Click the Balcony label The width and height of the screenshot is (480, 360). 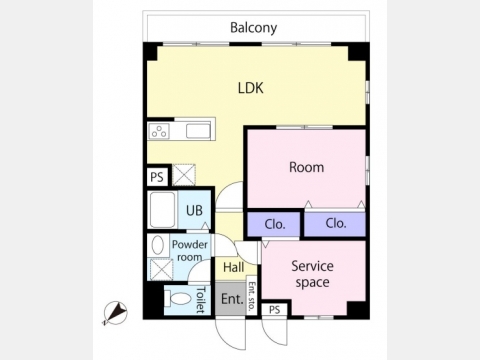coord(253,28)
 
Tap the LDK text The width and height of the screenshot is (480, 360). coord(251,88)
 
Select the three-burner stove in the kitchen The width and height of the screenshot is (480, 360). coord(159,131)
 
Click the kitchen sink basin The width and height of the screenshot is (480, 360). coord(198,131)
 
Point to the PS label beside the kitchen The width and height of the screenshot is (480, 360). coord(157,177)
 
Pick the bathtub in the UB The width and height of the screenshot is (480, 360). coord(162,210)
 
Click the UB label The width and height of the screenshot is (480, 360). coord(194,210)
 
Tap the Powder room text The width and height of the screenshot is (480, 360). coord(189,251)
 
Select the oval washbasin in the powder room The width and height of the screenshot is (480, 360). coord(157,245)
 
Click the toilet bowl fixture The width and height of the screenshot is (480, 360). coord(179,299)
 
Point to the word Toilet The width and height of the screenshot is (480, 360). coord(200,300)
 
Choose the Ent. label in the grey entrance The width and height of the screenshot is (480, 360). coord(232,299)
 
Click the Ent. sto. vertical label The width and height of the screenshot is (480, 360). coord(252,296)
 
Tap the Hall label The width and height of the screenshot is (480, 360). coord(233,267)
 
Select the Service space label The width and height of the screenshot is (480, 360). coord(312,274)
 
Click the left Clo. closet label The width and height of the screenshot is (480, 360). coord(275,224)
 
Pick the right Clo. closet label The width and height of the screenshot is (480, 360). coord(336,223)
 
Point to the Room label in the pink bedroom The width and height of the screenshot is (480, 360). coord(306,167)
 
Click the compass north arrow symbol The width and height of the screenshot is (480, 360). coord(115,313)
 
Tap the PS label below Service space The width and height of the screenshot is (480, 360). coord(274,310)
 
